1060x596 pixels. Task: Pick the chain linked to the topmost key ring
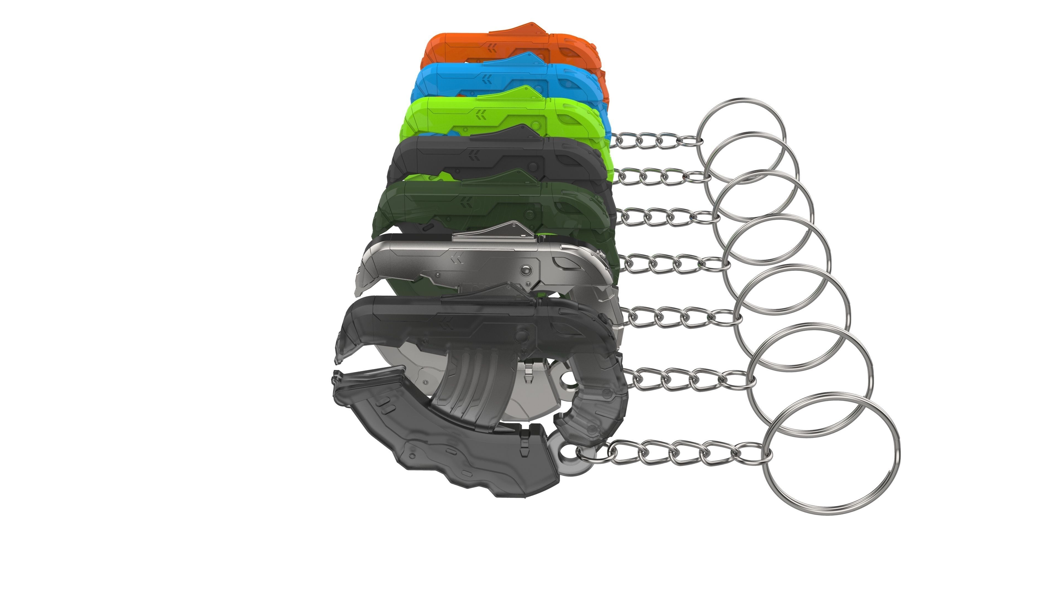pos(654,140)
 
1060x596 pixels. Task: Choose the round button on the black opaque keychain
pos(533,166)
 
